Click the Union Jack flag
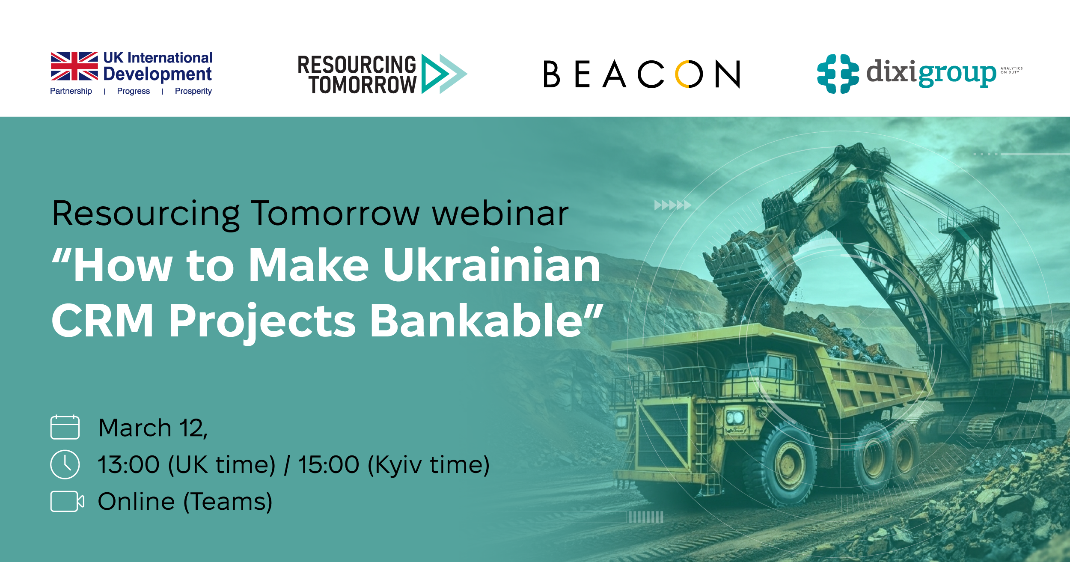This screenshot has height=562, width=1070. [74, 66]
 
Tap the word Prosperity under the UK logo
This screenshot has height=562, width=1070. [193, 91]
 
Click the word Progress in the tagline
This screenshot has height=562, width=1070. [133, 91]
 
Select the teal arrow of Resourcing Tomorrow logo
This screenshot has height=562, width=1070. [443, 74]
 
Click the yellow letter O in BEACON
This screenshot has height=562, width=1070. [689, 74]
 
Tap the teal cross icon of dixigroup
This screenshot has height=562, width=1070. [838, 74]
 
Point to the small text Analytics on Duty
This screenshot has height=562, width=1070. [1011, 70]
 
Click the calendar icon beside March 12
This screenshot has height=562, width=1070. [65, 427]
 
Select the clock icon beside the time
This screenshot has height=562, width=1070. [65, 464]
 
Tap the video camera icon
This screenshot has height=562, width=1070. [67, 501]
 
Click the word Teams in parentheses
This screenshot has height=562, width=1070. [228, 502]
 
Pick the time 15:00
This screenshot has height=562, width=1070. [328, 464]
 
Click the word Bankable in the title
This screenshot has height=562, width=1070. [479, 321]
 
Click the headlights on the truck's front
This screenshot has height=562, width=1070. [735, 417]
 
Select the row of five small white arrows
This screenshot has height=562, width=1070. [672, 205]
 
